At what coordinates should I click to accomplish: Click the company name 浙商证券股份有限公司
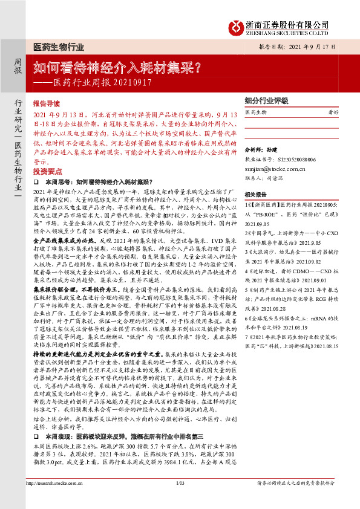coord(288,23)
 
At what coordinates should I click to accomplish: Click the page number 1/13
coord(180,499)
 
